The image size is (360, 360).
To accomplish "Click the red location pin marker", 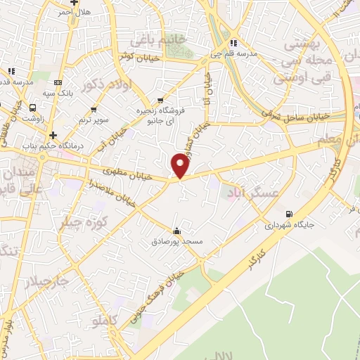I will pyautogui.click(x=181, y=166).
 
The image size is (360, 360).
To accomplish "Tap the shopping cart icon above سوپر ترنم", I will pyautogui.click(x=94, y=109).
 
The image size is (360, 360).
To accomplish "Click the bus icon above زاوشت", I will pyautogui.click(x=33, y=108).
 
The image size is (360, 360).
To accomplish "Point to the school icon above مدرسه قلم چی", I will pyautogui.click(x=233, y=41).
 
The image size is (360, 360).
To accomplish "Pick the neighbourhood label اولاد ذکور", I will pyautogui.click(x=98, y=86).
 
